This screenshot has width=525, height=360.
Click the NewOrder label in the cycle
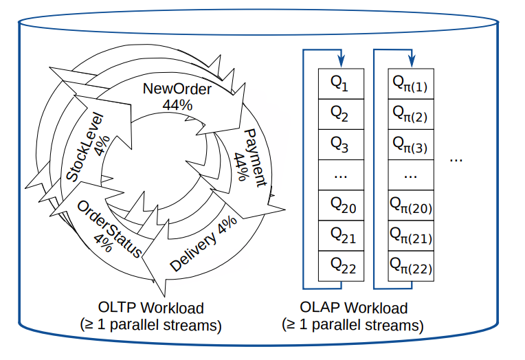pos(177,89)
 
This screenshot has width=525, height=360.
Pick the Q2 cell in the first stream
pos(341,113)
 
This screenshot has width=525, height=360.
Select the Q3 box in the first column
pos(341,144)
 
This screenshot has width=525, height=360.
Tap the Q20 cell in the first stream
pos(341,205)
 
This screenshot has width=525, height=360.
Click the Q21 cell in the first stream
pos(341,236)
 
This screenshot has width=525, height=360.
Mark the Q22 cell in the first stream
pos(341,266)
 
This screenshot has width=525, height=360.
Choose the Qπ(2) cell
pos(410,113)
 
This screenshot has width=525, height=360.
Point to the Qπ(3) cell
pos(410,144)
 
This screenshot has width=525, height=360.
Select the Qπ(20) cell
pos(410,205)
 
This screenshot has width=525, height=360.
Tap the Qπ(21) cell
pos(410,236)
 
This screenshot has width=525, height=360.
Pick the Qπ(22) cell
pos(410,266)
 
